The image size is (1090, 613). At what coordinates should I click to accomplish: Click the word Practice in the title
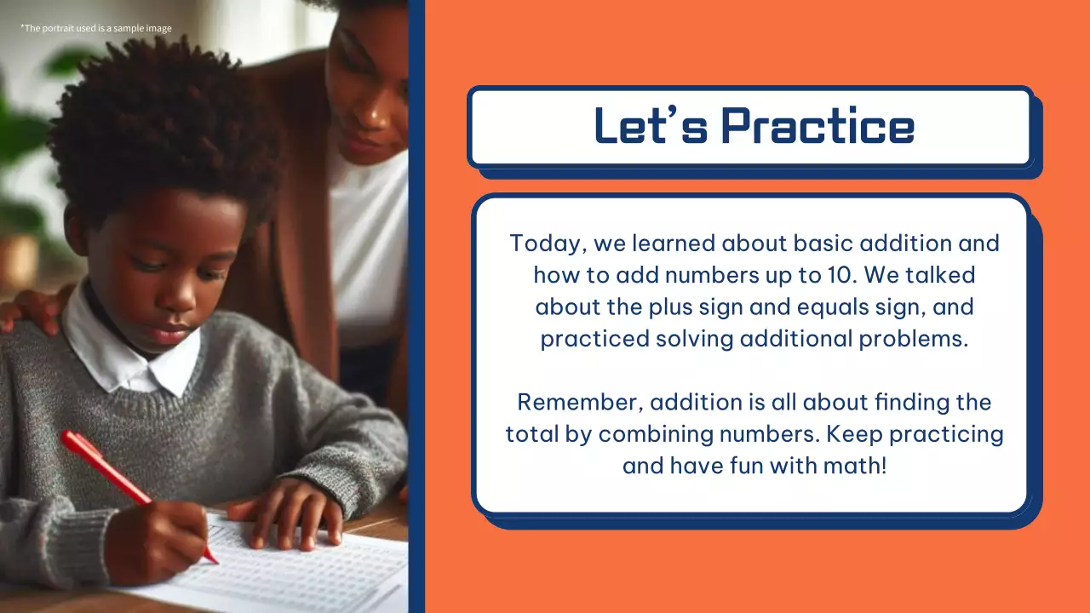[x=817, y=126]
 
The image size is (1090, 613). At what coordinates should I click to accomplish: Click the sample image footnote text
[x=95, y=28]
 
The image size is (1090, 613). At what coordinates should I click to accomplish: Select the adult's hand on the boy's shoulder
[x=30, y=311]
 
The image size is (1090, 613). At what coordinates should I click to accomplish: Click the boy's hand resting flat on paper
[x=290, y=511]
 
